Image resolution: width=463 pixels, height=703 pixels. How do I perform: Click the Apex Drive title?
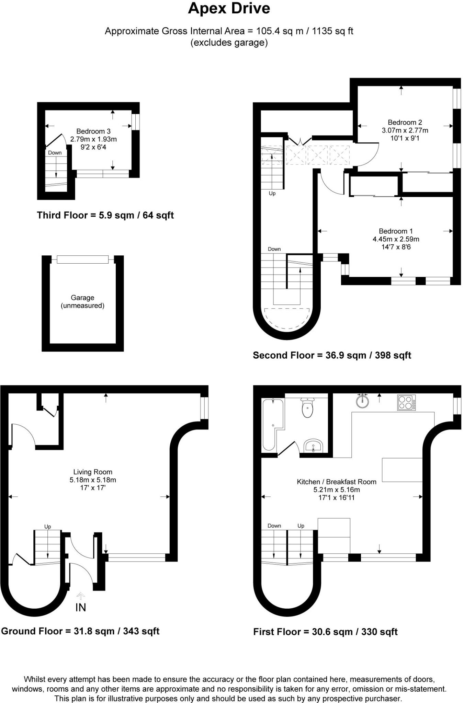pyautogui.click(x=229, y=9)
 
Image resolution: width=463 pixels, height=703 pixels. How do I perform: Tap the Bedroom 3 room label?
pyautogui.click(x=93, y=131)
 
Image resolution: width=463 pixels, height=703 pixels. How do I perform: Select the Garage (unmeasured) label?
pyautogui.click(x=82, y=302)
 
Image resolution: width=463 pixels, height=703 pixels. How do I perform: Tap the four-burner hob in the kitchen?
pyautogui.click(x=406, y=403)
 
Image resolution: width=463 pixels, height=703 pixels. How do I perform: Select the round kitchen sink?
pyautogui.click(x=362, y=401)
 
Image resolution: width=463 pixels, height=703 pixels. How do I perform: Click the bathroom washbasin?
pyautogui.click(x=313, y=446)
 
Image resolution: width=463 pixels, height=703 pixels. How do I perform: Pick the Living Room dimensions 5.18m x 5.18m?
pyautogui.click(x=93, y=480)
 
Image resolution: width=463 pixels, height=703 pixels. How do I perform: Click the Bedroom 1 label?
pyautogui.click(x=396, y=231)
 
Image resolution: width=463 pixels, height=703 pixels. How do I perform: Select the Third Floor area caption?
pyautogui.click(x=105, y=216)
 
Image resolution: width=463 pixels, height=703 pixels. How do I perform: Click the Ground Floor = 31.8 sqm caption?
pyautogui.click(x=80, y=631)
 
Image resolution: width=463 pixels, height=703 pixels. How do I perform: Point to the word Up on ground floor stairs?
pyautogui.click(x=47, y=527)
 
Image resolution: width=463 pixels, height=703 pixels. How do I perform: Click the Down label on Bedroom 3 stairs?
pyautogui.click(x=55, y=153)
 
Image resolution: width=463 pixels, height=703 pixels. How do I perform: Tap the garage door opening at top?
pyautogui.click(x=82, y=260)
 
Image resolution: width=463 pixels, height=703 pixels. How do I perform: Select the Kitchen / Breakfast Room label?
pyautogui.click(x=336, y=482)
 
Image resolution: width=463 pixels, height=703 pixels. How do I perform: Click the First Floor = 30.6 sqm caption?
pyautogui.click(x=325, y=632)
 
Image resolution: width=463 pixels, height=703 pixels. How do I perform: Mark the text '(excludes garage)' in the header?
pyautogui.click(x=229, y=43)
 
